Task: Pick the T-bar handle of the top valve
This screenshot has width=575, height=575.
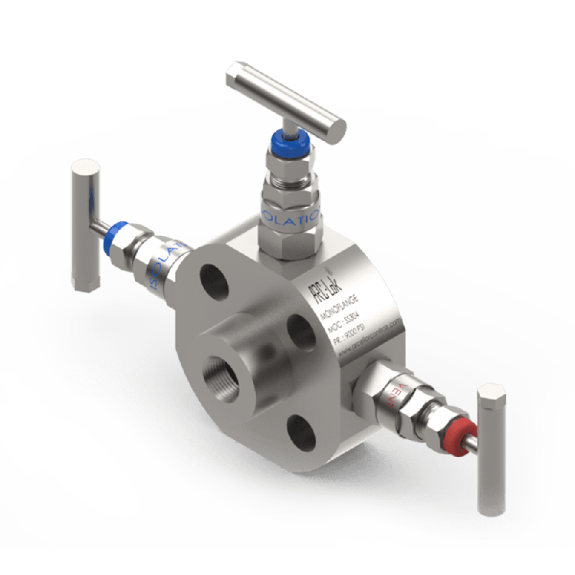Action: point(288,96)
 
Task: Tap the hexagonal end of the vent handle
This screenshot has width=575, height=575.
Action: point(491,395)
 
